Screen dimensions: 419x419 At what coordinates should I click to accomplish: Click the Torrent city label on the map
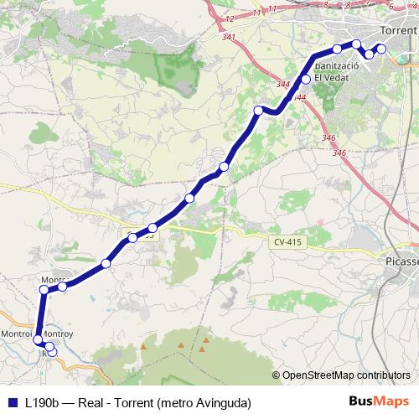[x=398, y=30]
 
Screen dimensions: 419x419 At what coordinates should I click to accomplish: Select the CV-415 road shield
[x=287, y=241]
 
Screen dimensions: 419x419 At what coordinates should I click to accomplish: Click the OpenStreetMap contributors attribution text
[x=345, y=375]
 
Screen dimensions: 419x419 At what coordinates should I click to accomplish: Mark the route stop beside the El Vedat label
[x=306, y=79]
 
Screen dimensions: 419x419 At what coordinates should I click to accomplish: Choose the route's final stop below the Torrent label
[x=382, y=48]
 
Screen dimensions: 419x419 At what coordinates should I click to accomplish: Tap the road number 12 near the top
[x=229, y=18]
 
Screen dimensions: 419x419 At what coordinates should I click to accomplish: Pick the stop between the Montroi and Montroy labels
[x=38, y=339]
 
